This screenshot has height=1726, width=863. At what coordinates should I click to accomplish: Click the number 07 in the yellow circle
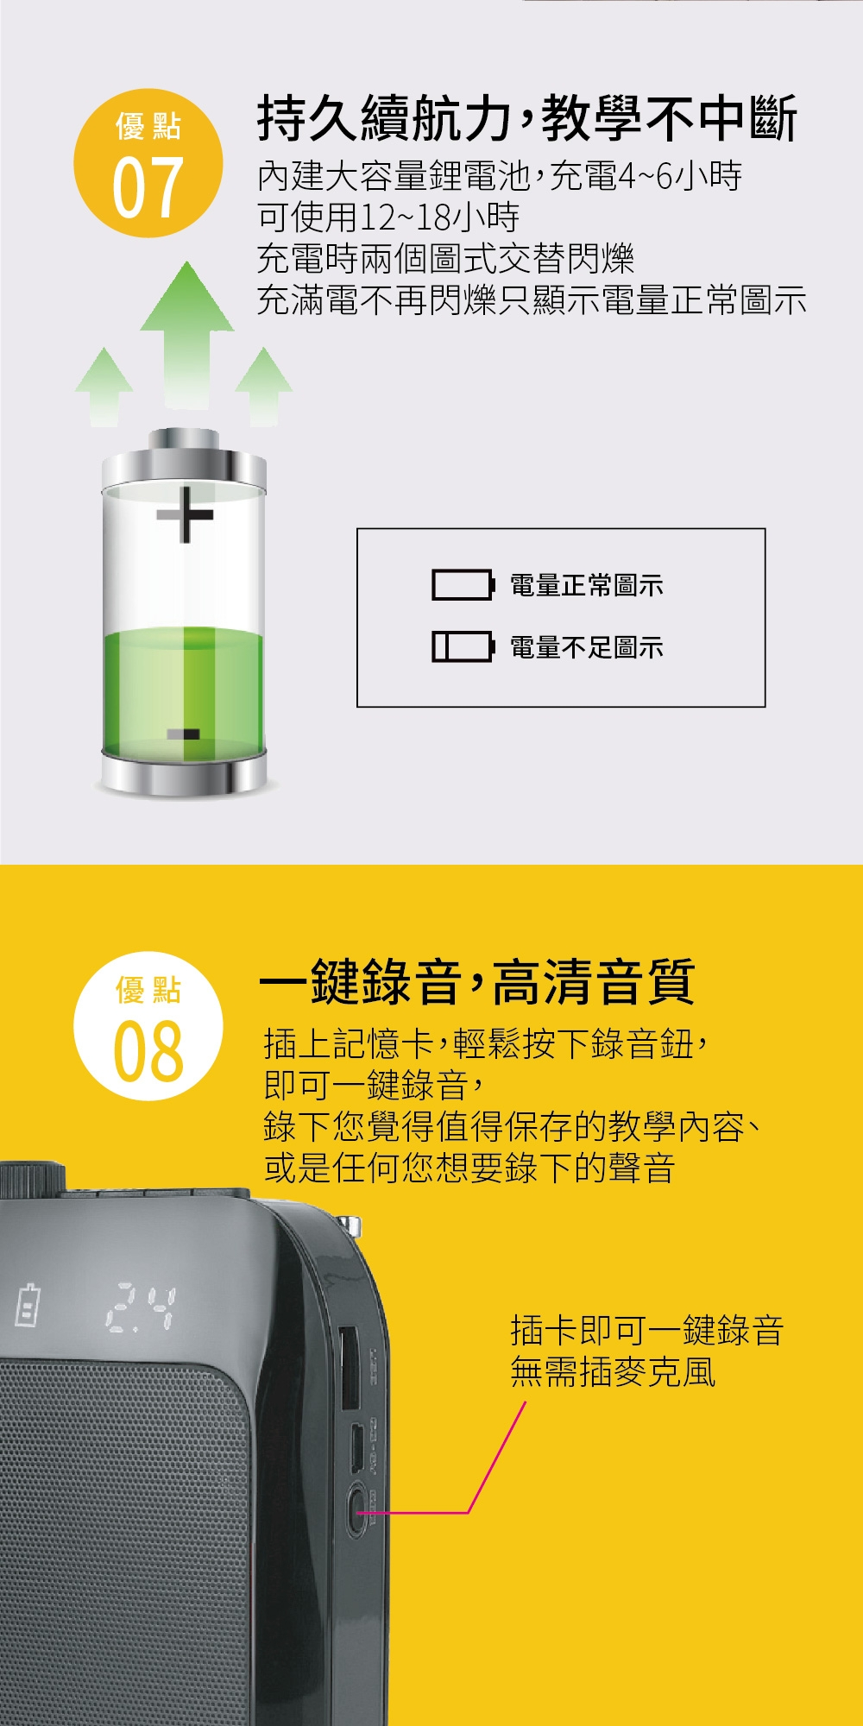tap(148, 187)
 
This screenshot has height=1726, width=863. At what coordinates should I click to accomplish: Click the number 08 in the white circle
tap(148, 1050)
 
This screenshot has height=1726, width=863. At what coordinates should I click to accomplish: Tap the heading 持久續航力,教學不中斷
tap(526, 118)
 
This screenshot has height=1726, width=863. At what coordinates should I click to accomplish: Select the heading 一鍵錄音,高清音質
tap(477, 982)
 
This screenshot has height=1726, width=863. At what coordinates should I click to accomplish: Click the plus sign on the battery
tap(185, 514)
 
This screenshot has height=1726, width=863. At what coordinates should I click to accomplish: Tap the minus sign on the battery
tap(183, 734)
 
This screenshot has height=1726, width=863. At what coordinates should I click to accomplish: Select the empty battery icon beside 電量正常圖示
tap(463, 585)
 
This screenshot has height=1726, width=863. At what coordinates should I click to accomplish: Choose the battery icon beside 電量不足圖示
tap(463, 646)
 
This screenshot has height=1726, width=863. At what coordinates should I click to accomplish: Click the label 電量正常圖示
tap(587, 586)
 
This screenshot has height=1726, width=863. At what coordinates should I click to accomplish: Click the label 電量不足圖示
tap(587, 647)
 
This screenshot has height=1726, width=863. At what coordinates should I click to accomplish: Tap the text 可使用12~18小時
tap(388, 217)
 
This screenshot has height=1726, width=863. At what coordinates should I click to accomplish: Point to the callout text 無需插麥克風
tap(613, 1372)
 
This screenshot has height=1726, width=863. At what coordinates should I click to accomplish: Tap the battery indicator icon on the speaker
tap(28, 1305)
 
